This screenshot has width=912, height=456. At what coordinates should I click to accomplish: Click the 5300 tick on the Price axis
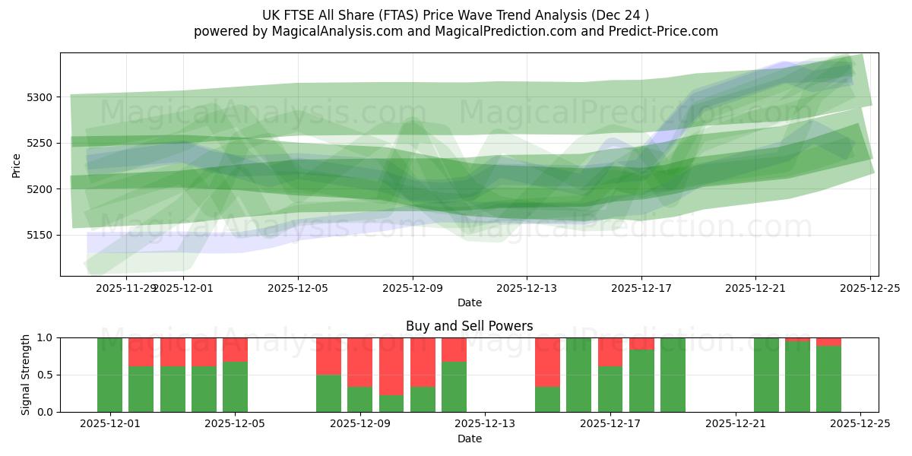point(41,97)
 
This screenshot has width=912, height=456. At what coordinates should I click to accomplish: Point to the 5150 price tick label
point(41,235)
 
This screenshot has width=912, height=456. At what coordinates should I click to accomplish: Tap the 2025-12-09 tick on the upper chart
point(413,288)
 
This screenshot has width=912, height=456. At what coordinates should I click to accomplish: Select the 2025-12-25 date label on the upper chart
point(870,288)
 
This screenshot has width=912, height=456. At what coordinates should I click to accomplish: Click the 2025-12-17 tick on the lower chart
point(610,423)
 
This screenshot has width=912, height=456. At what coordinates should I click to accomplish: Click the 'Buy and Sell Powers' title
point(469,326)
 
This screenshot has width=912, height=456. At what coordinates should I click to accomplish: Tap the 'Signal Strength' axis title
point(26,374)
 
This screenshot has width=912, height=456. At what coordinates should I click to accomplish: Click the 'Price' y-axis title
point(17,164)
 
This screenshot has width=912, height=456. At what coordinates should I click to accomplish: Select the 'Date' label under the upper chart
point(469,302)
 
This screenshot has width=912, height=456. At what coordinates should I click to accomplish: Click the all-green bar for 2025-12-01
point(110,375)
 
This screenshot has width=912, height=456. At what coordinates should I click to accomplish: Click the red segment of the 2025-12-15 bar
point(547,362)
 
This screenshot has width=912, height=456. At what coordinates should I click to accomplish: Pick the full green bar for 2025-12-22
point(766,375)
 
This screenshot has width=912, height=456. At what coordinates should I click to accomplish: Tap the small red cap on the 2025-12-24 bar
point(828,341)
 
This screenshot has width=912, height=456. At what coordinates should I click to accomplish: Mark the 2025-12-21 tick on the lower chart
point(736,423)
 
